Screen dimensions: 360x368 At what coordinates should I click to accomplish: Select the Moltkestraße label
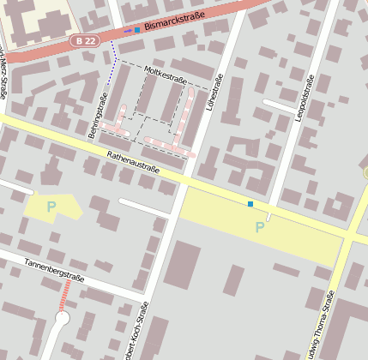pyautogui.click(x=166, y=77)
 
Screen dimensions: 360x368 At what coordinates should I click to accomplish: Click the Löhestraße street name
pyautogui.click(x=218, y=95)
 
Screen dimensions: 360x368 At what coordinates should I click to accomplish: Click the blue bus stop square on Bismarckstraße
pyautogui.click(x=137, y=30)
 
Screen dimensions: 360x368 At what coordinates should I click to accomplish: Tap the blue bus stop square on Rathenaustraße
pyautogui.click(x=250, y=204)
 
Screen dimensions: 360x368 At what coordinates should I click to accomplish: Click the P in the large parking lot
pyautogui.click(x=259, y=227)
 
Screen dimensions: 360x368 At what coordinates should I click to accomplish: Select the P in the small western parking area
pyautogui.click(x=51, y=207)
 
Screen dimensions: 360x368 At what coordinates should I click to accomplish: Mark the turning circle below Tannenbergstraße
pyautogui.click(x=61, y=320)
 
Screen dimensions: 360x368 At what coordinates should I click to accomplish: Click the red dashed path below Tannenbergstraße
pyautogui.click(x=65, y=297)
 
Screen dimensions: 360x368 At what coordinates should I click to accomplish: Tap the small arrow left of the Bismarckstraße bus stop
pyautogui.click(x=128, y=31)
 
